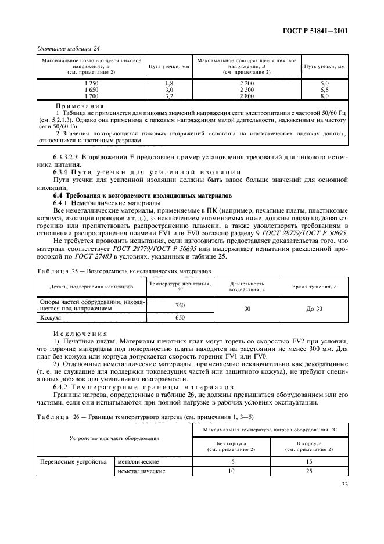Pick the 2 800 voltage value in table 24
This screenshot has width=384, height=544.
coord(247,96)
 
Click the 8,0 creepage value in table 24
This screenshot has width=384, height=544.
coord(325,96)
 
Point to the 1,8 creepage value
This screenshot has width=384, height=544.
coord(170,84)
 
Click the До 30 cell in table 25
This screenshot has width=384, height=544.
coord(314,309)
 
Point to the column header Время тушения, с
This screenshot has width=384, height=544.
coord(314,287)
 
